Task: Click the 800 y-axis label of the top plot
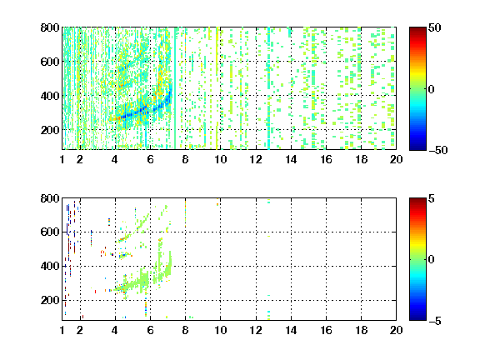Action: (50, 27)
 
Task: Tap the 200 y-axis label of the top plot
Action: (50, 130)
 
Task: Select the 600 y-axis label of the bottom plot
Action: (50, 232)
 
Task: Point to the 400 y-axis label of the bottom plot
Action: (50, 266)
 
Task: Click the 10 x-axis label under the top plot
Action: (220, 159)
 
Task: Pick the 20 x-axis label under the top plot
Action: (396, 159)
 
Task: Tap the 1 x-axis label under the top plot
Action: (62, 159)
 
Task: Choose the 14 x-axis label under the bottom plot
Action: (291, 330)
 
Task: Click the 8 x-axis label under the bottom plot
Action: (185, 330)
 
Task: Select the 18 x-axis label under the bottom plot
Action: (361, 330)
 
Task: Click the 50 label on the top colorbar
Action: (435, 27)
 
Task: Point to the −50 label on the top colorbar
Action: (438, 150)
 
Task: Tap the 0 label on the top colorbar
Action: (432, 89)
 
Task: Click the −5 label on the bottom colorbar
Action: (435, 321)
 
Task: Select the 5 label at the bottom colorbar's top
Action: (432, 198)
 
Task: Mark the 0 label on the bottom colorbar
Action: (432, 260)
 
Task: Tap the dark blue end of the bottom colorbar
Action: (417, 318)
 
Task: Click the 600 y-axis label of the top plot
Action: (50, 62)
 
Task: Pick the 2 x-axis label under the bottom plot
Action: (80, 330)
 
